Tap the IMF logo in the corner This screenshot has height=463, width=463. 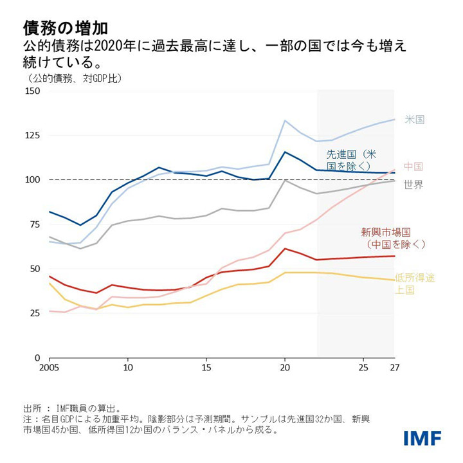[x=422, y=438]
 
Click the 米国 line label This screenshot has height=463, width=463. [x=415, y=120]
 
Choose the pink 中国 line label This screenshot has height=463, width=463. [x=413, y=166]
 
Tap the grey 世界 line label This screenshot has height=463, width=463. [x=413, y=185]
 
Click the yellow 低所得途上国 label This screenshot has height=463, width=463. [x=415, y=284]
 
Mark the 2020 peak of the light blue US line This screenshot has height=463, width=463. [x=285, y=120]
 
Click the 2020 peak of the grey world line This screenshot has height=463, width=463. [x=285, y=180]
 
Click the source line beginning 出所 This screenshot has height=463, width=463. [x=71, y=408]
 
